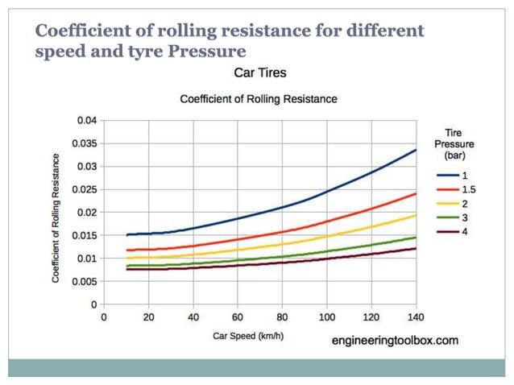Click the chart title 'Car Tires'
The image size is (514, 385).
pos(259,73)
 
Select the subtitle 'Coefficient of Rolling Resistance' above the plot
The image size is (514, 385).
pos(258,99)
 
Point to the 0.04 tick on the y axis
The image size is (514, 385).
pos(86,120)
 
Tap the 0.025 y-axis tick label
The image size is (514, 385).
pos(84,190)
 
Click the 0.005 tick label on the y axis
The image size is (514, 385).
pos(84,282)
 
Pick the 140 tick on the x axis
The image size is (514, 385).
pos(416,317)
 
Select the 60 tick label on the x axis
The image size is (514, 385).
pos(238,317)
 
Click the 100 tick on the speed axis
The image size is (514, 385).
pos(327,317)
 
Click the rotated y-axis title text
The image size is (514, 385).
pos(56,213)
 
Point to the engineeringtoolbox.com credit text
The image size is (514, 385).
pos(395,341)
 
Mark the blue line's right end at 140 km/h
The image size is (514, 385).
pos(416,150)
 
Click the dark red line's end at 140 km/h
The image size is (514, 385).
pos(416,248)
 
